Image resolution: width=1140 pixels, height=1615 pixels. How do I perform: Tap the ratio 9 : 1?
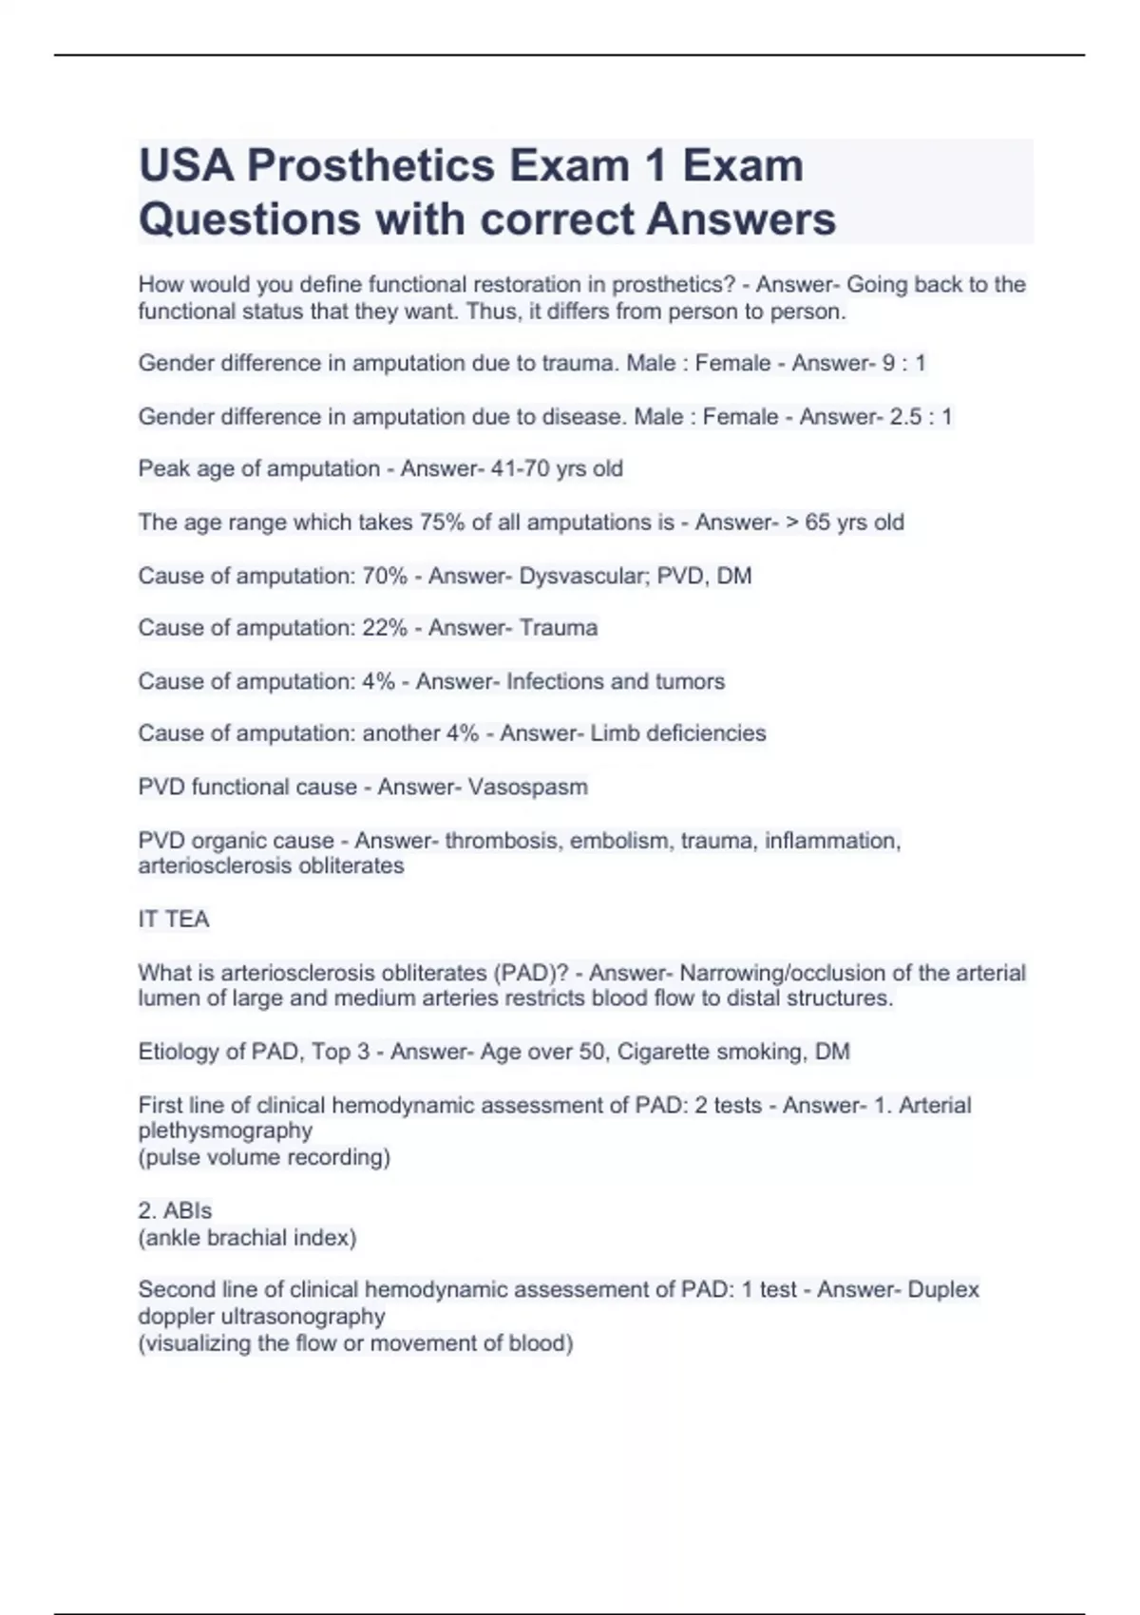[904, 363]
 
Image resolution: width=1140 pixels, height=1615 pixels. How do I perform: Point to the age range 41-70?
[518, 468]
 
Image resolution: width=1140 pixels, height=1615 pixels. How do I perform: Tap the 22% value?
[384, 628]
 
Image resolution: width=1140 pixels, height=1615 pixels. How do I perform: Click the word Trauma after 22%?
[558, 628]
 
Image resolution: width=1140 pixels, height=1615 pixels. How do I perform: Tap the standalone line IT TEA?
[174, 919]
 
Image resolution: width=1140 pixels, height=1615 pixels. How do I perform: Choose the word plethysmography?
[225, 1130]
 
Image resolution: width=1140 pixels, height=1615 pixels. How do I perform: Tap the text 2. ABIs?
[175, 1210]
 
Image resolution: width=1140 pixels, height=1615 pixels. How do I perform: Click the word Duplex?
[942, 1289]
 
